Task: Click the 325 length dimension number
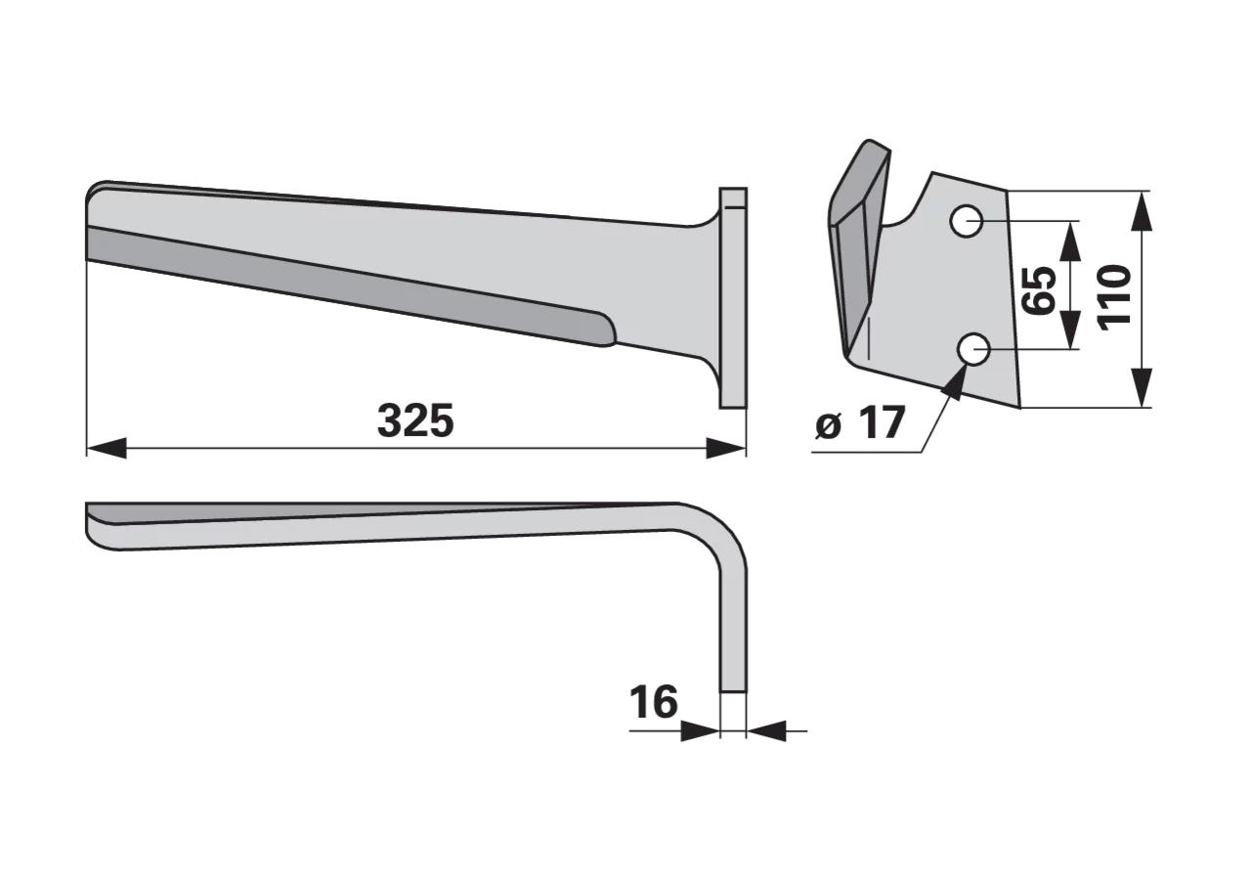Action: (x=415, y=420)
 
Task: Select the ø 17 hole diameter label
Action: (x=860, y=423)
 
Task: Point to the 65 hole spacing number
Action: (x=1039, y=290)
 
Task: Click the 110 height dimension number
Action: (x=1115, y=297)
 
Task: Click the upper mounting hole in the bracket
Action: (x=967, y=222)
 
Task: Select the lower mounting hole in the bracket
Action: (x=973, y=349)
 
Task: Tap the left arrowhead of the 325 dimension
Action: (x=107, y=448)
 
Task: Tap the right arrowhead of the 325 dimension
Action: (x=726, y=448)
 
